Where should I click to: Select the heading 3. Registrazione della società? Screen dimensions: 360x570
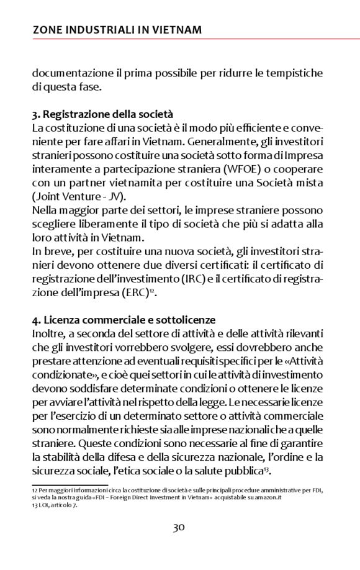click(x=102, y=115)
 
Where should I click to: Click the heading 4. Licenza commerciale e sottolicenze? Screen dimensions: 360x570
click(x=124, y=320)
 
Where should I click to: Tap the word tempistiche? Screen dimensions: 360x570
click(x=300, y=73)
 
